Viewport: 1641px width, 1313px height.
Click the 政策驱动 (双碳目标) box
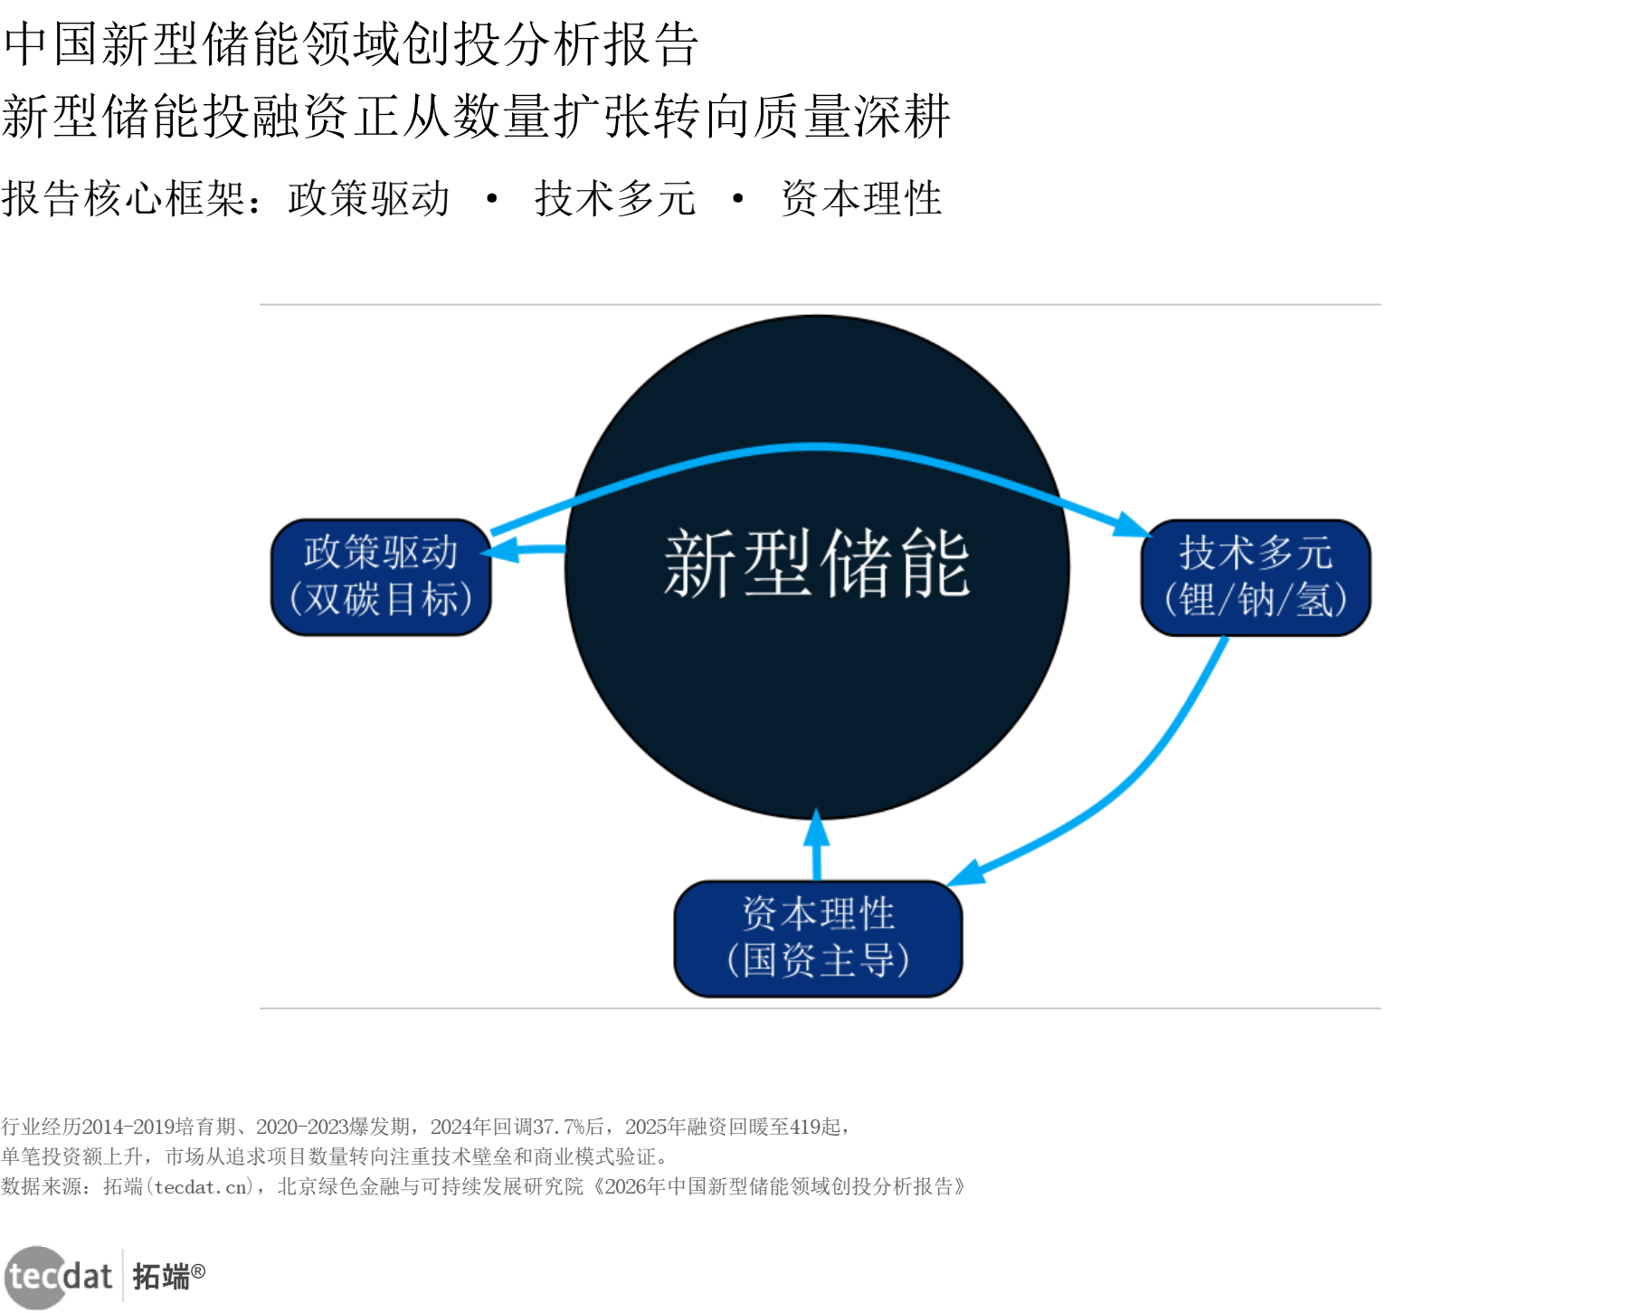click(381, 576)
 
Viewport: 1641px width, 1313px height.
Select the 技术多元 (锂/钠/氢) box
click(1256, 577)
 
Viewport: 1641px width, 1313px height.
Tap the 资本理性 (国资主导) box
click(818, 938)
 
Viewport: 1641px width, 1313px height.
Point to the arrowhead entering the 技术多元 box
click(1132, 525)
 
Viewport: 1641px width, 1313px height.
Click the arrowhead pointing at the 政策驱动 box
click(500, 549)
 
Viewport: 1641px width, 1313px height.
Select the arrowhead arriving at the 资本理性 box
click(966, 872)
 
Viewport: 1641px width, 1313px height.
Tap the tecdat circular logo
click(36, 1277)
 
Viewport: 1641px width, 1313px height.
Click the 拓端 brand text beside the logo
click(161, 1277)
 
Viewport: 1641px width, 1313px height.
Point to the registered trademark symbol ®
click(198, 1271)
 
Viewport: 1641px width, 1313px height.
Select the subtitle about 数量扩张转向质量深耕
click(476, 117)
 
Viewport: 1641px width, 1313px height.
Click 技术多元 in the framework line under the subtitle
click(615, 198)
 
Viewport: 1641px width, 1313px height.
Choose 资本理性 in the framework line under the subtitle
click(861, 198)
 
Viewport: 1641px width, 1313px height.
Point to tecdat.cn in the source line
click(201, 1186)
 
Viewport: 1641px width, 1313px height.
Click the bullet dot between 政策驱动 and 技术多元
click(492, 198)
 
